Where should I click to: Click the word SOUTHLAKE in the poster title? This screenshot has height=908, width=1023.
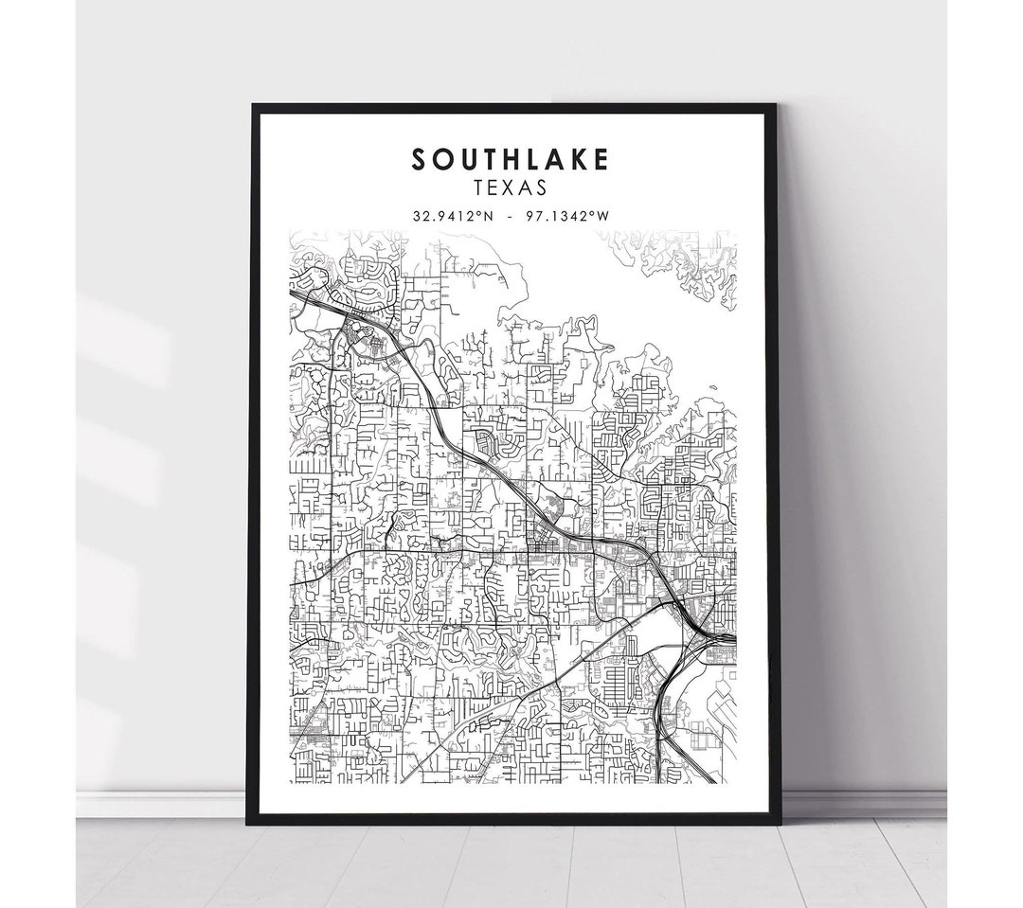pos(510,160)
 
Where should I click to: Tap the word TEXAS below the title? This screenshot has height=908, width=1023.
pos(511,188)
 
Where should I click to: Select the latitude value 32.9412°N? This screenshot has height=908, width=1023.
pos(451,215)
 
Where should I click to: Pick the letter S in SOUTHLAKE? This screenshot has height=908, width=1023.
pos(419,160)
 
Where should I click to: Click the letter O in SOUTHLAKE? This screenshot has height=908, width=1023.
pos(440,160)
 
